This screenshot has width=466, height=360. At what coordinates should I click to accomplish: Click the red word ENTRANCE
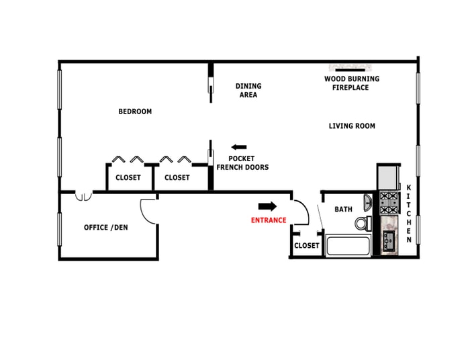pyautogui.click(x=269, y=220)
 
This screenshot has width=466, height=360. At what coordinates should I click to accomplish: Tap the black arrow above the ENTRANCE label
pyautogui.click(x=267, y=206)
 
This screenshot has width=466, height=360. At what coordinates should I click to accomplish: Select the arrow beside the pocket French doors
pyautogui.click(x=238, y=147)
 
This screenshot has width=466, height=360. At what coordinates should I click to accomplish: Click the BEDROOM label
pyautogui.click(x=135, y=111)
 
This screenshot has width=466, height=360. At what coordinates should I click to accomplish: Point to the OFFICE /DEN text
pyautogui.click(x=105, y=228)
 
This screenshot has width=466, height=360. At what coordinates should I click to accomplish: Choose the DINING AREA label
pyautogui.click(x=248, y=91)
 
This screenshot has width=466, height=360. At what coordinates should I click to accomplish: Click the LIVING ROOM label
pyautogui.click(x=352, y=126)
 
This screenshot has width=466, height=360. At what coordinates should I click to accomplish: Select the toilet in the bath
pyautogui.click(x=363, y=223)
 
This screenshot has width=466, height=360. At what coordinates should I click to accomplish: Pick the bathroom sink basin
pyautogui.click(x=367, y=203)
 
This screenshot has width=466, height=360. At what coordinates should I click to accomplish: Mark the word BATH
pyautogui.click(x=343, y=210)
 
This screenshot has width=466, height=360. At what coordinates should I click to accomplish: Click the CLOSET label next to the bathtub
pyautogui.click(x=307, y=246)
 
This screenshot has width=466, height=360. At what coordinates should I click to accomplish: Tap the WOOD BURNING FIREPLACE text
pyautogui.click(x=352, y=83)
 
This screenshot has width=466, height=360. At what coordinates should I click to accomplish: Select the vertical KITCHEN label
pyautogui.click(x=409, y=213)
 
